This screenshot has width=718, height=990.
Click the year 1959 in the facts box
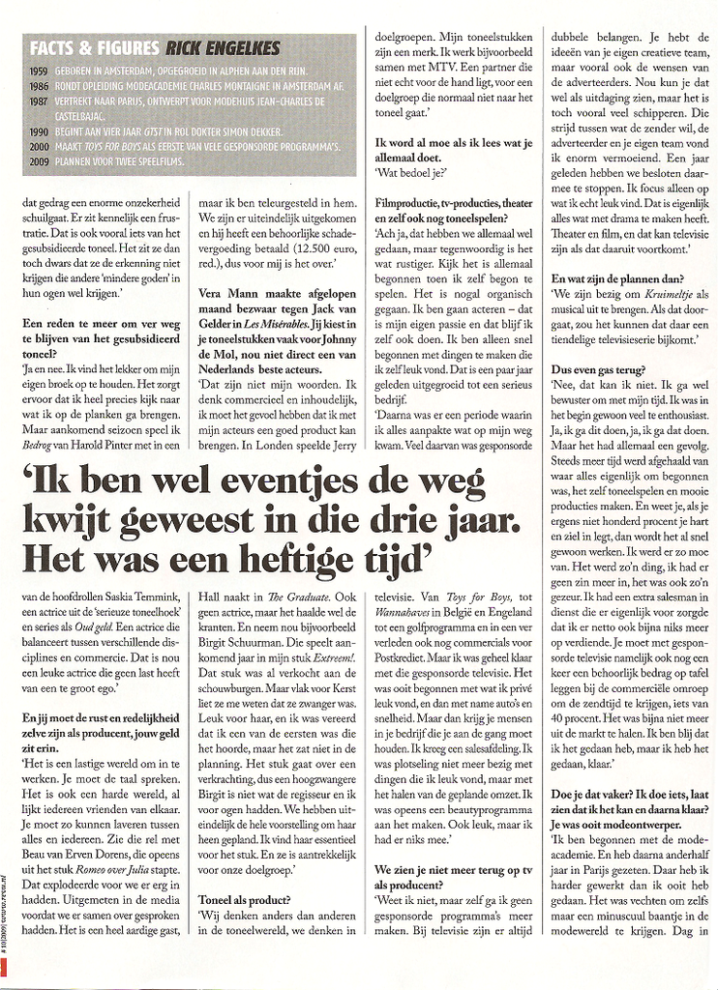40,71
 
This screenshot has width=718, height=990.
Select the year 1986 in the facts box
40,84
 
